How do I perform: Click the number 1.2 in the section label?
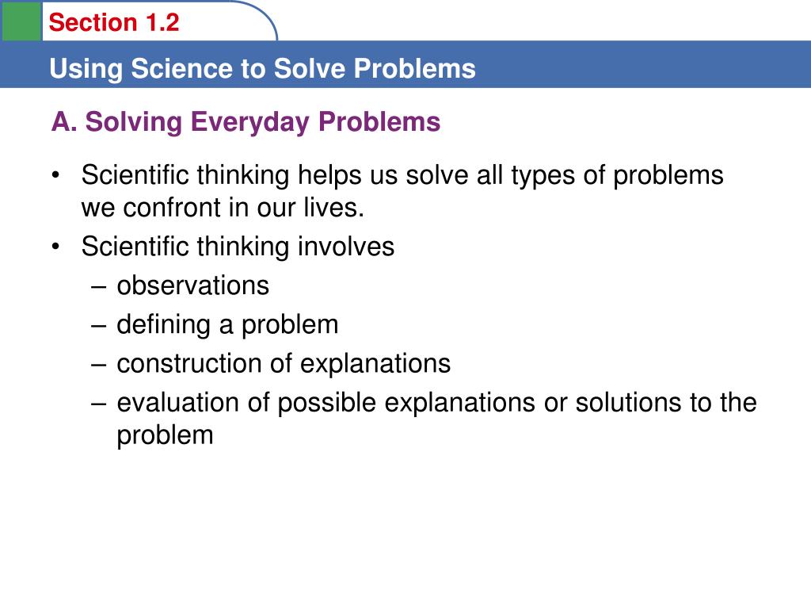pos(162,22)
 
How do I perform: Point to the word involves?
pos(345,247)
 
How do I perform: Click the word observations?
pos(193,285)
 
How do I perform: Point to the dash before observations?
pos(98,285)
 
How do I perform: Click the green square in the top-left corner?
pos(21,21)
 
